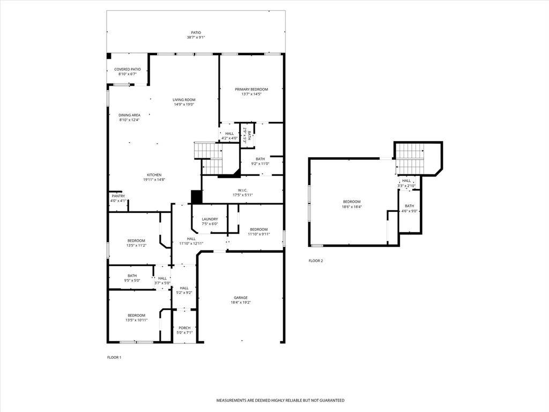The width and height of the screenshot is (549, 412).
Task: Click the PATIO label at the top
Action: point(196,33)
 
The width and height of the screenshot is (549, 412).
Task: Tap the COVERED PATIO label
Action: point(128,69)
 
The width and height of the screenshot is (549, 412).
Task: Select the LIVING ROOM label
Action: point(184,100)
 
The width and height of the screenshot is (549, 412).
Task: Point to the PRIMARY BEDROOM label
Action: point(251,90)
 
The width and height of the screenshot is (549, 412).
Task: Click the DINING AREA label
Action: point(129,115)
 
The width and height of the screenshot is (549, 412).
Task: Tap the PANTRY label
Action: point(118,196)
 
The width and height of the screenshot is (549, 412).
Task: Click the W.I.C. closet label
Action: point(242,190)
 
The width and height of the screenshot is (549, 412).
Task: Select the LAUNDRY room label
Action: point(210,219)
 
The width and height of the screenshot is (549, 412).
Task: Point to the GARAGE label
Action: point(241,298)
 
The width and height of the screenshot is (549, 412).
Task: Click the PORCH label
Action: point(184,328)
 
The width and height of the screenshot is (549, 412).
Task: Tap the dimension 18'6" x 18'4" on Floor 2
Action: point(352,207)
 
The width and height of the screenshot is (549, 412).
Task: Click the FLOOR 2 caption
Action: point(316,261)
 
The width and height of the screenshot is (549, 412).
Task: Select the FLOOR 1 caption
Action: point(114,357)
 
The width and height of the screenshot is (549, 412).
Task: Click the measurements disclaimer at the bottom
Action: point(280,400)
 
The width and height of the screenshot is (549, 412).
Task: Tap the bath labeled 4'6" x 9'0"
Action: point(410,209)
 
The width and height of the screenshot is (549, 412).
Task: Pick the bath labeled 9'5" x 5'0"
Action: point(132,278)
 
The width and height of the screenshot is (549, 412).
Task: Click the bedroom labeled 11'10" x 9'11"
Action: point(258,231)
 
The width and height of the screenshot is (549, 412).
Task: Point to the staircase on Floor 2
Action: point(410,160)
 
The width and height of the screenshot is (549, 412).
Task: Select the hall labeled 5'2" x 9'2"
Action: point(184,290)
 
